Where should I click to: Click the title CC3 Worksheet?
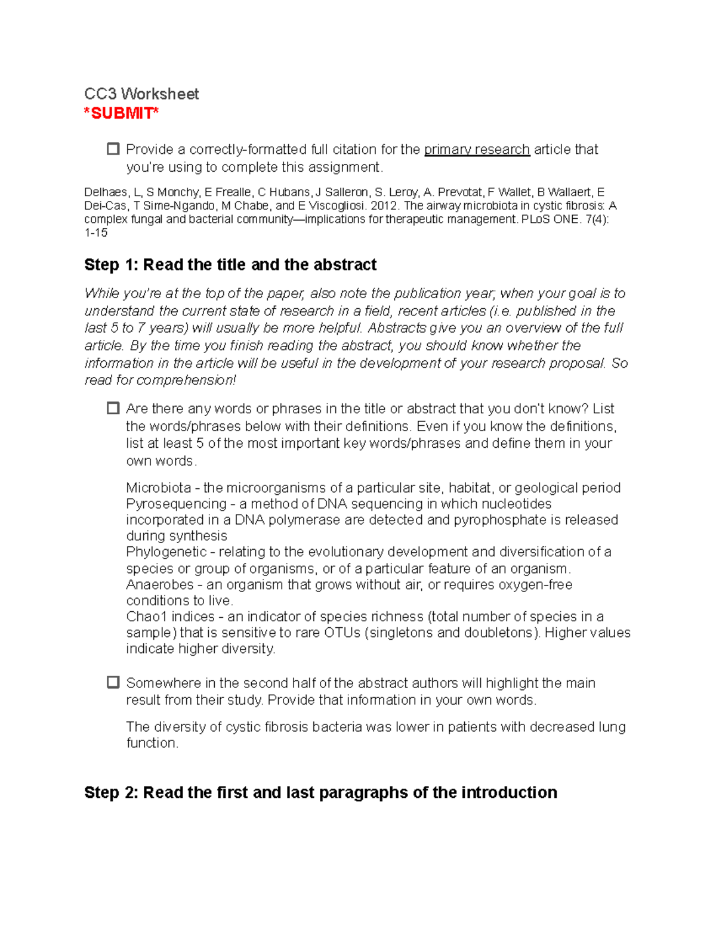pos(141,94)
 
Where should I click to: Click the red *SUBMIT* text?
pos(121,113)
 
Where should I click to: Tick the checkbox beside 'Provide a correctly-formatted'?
pos(113,149)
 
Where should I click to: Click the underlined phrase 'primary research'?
pos(477,150)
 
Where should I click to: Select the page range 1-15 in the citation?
pos(96,233)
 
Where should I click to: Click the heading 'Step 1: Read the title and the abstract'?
pos(230,265)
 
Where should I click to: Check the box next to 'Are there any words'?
pos(113,408)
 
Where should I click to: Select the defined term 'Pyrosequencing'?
pos(177,504)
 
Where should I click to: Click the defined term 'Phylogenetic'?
pos(166,552)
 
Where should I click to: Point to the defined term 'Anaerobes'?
pos(160,584)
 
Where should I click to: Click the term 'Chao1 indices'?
pos(170,617)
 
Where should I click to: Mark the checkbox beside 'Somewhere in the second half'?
pos(113,683)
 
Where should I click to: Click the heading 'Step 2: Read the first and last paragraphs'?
pos(320,792)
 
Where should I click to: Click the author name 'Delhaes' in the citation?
pos(106,192)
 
